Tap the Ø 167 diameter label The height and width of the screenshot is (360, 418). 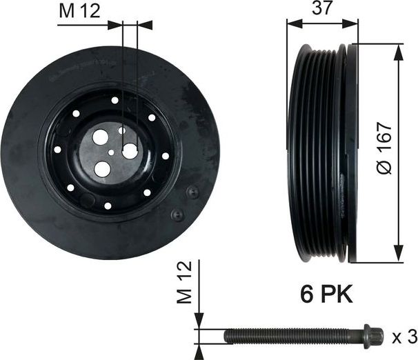pos(386,149)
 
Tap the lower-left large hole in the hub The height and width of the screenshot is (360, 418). pos(102,166)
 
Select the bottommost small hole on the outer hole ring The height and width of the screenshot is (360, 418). pos(108,206)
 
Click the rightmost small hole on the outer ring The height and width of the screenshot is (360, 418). pos(166,156)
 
